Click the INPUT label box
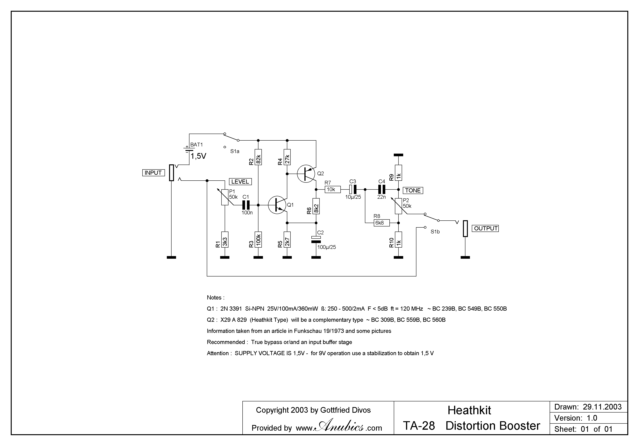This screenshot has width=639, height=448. (x=153, y=173)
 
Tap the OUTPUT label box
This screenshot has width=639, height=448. (x=486, y=229)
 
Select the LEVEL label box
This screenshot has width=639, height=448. (x=240, y=182)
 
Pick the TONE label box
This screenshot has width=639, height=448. (x=413, y=191)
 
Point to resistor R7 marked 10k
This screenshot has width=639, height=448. (x=333, y=189)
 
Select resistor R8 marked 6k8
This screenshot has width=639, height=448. (x=381, y=223)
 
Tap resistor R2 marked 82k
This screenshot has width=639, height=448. (x=258, y=157)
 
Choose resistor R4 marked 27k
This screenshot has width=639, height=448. (x=287, y=157)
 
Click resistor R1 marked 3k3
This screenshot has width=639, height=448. (x=225, y=240)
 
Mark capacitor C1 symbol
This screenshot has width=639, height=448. (x=246, y=205)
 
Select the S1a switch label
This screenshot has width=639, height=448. (x=235, y=151)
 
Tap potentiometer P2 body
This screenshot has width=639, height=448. (x=398, y=206)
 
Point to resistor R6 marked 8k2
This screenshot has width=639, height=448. (x=316, y=206)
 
